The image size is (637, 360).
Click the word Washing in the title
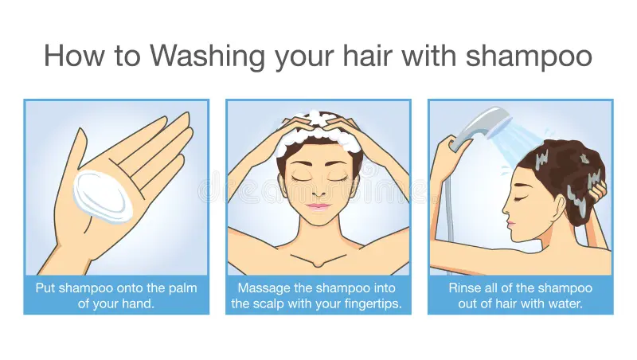(207, 56)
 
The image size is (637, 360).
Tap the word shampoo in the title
(529, 56)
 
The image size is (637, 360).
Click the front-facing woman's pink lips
(318, 206)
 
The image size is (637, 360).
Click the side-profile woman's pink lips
(510, 224)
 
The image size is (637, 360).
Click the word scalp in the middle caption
(271, 304)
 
